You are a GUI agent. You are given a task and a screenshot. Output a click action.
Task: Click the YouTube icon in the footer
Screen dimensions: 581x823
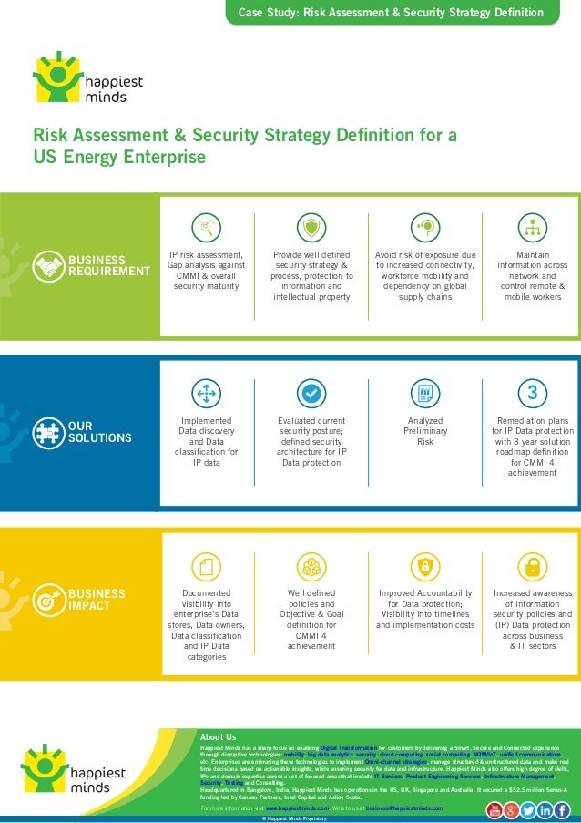[x=494, y=809]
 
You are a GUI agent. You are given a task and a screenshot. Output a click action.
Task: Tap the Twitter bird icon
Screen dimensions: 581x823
[x=528, y=809]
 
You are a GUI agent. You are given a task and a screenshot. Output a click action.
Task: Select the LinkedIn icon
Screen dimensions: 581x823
[x=545, y=809]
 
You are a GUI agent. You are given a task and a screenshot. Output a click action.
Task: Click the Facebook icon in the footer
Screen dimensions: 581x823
[x=562, y=809]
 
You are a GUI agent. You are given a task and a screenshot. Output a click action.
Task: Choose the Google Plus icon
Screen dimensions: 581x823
[x=511, y=809]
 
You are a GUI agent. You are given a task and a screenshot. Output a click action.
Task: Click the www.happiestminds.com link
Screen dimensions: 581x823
[x=297, y=808]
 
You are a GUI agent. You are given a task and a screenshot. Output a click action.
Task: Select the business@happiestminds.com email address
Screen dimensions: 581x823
[x=404, y=808]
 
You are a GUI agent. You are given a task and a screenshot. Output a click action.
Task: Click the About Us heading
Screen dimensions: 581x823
[x=218, y=736]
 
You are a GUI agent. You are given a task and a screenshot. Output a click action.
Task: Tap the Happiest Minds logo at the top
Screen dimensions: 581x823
[x=87, y=77]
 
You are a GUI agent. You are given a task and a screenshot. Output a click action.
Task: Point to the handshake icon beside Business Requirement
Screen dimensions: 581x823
[x=47, y=265]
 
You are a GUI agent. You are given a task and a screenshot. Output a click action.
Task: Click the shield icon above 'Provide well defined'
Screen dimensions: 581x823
[x=311, y=227]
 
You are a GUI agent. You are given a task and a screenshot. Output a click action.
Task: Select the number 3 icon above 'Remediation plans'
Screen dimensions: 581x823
[x=532, y=394]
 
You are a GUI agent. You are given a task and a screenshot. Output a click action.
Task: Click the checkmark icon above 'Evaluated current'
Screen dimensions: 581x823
[x=311, y=394]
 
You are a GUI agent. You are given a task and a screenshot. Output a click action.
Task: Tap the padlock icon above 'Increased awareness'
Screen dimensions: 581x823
[x=532, y=567]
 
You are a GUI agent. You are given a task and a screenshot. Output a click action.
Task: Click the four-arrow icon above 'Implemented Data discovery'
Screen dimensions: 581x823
[x=206, y=394]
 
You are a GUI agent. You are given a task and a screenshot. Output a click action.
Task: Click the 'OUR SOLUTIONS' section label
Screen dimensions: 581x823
[x=87, y=432]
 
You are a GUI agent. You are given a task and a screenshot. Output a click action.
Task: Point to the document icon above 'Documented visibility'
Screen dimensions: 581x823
[x=206, y=567]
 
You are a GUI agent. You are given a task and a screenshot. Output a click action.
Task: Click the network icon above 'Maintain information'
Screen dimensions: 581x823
[x=532, y=227]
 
